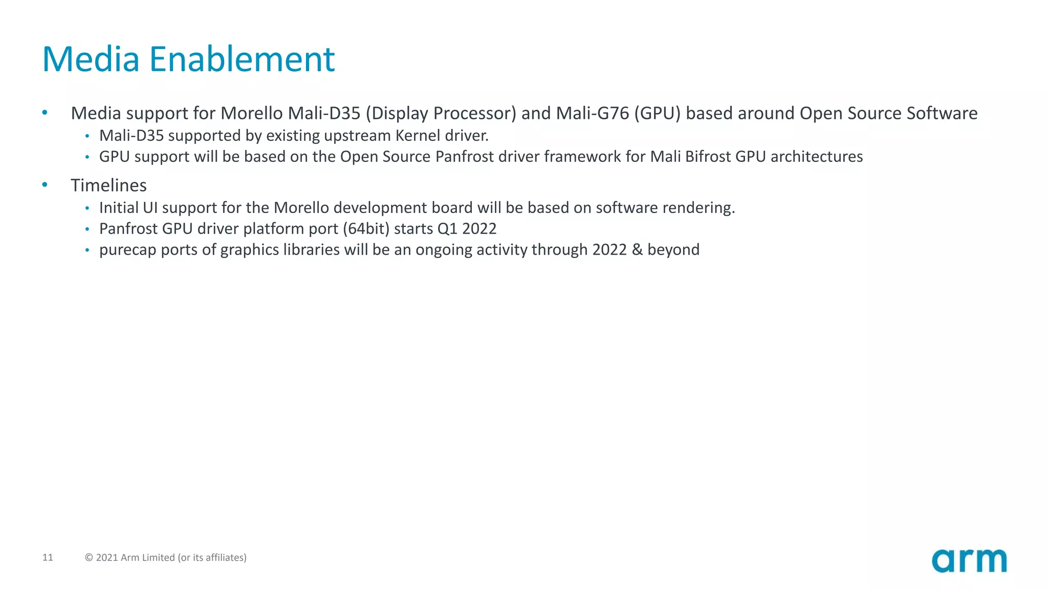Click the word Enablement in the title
(x=242, y=59)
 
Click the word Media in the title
(x=91, y=59)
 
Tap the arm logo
(x=969, y=560)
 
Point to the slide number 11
(x=48, y=557)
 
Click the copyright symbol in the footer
(x=89, y=558)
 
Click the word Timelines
(x=108, y=185)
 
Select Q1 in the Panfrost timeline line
(x=447, y=229)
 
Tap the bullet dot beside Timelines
(x=45, y=184)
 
